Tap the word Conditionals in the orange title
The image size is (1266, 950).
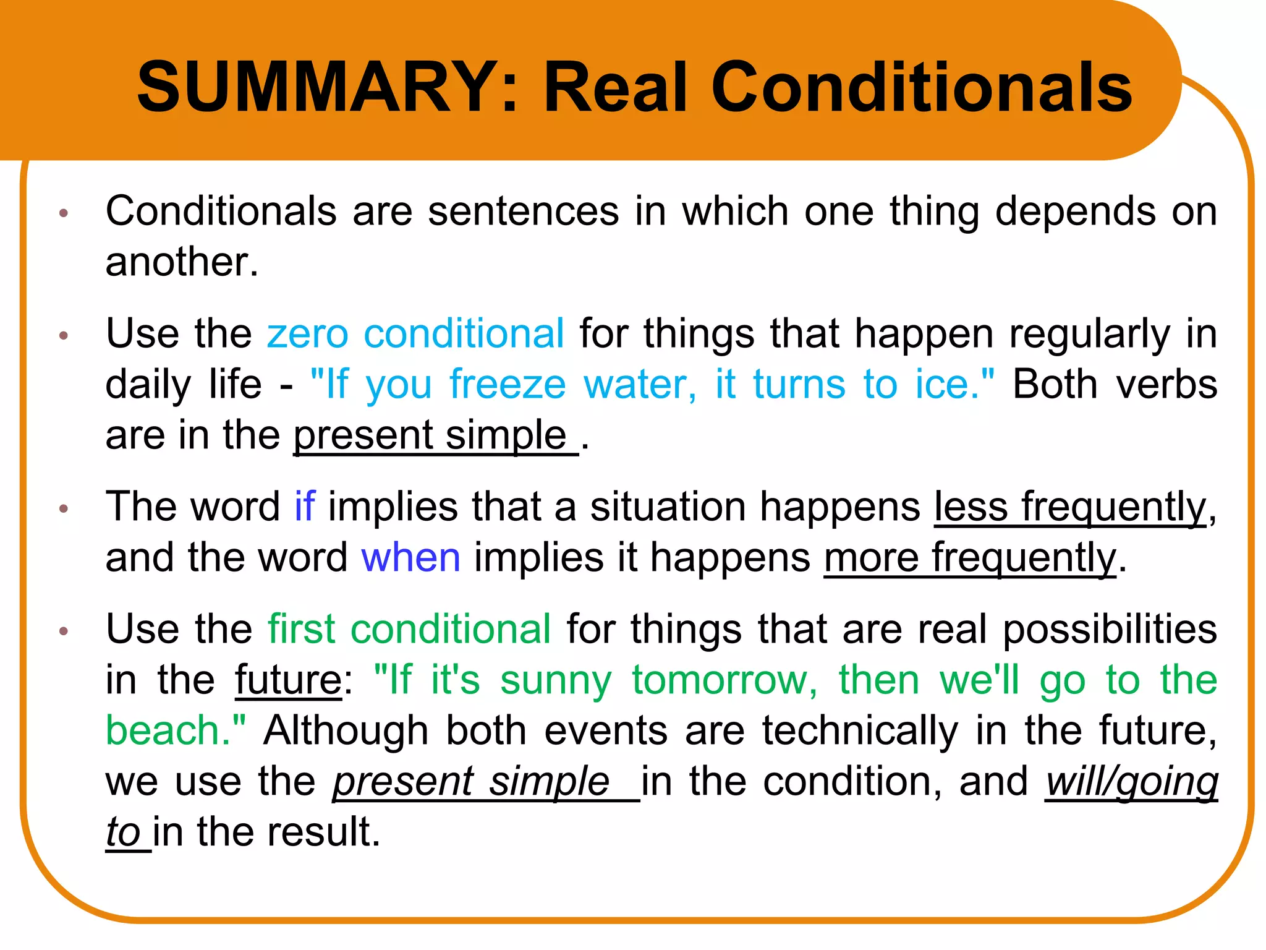click(x=921, y=87)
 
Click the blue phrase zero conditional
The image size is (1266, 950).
click(x=415, y=333)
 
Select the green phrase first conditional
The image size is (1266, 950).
click(x=409, y=629)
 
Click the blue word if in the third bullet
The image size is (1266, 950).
click(x=305, y=507)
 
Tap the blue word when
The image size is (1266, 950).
click(x=411, y=557)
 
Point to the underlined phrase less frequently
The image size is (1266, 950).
click(x=1070, y=507)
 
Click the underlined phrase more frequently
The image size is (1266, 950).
click(x=969, y=557)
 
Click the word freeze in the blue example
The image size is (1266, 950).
click(x=508, y=384)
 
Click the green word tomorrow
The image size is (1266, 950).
click(x=720, y=680)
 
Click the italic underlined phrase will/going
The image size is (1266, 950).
click(x=1131, y=781)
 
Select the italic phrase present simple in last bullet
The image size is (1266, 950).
click(x=472, y=781)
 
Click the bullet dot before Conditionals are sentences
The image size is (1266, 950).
click(x=63, y=214)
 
